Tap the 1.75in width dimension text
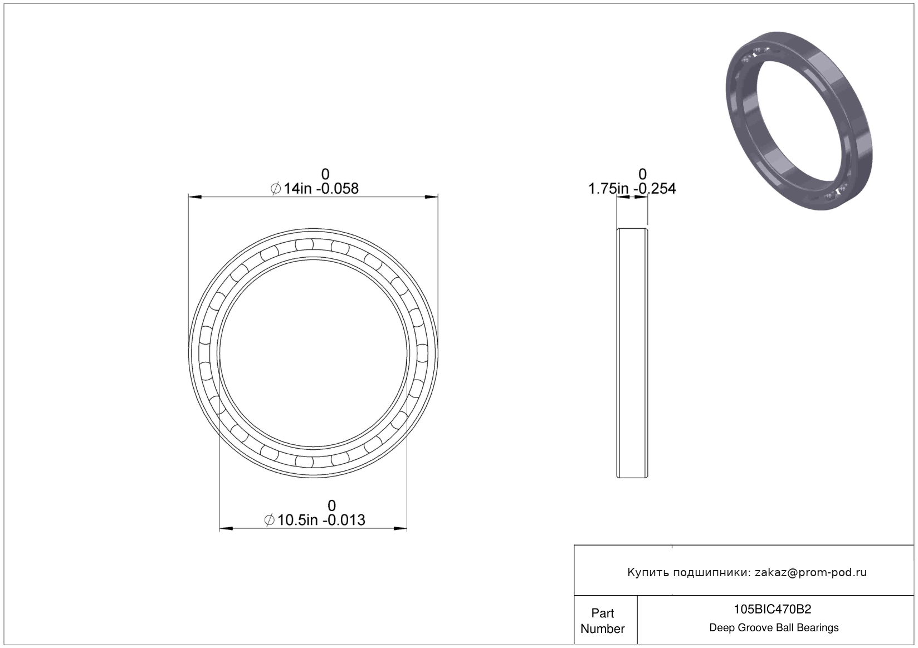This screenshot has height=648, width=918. click(632, 189)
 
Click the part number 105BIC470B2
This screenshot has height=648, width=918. click(772, 610)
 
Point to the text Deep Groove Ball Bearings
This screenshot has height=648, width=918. click(774, 627)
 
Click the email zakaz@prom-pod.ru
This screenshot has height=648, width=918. click(810, 572)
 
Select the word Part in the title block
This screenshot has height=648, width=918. click(603, 613)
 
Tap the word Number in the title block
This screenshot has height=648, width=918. click(603, 629)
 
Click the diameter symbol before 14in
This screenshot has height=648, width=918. click(276, 189)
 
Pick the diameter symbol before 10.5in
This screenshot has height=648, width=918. click(269, 520)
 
